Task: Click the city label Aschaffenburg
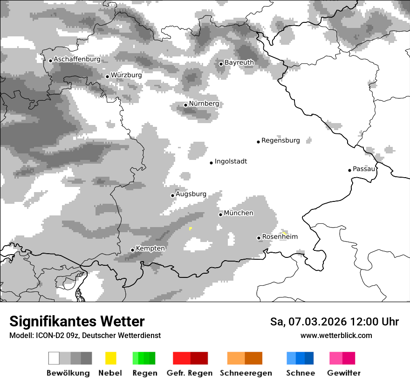[x=77, y=60]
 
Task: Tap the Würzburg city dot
[x=107, y=76]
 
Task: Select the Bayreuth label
[x=239, y=62]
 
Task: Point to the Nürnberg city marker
[x=185, y=105]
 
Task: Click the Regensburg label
[x=280, y=140]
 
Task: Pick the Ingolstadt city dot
[x=211, y=163]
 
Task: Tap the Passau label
[x=364, y=169]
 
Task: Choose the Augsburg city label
[x=191, y=194]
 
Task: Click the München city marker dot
[x=220, y=214]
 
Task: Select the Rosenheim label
[x=280, y=237]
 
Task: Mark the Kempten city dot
[x=132, y=250]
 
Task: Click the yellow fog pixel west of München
[x=191, y=228]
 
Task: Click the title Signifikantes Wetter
[x=77, y=322]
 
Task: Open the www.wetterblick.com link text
[x=336, y=336]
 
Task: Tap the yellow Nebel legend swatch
[x=110, y=358]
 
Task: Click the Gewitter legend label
[x=344, y=373]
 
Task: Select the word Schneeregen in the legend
[x=246, y=373]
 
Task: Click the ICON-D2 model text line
[x=85, y=336]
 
